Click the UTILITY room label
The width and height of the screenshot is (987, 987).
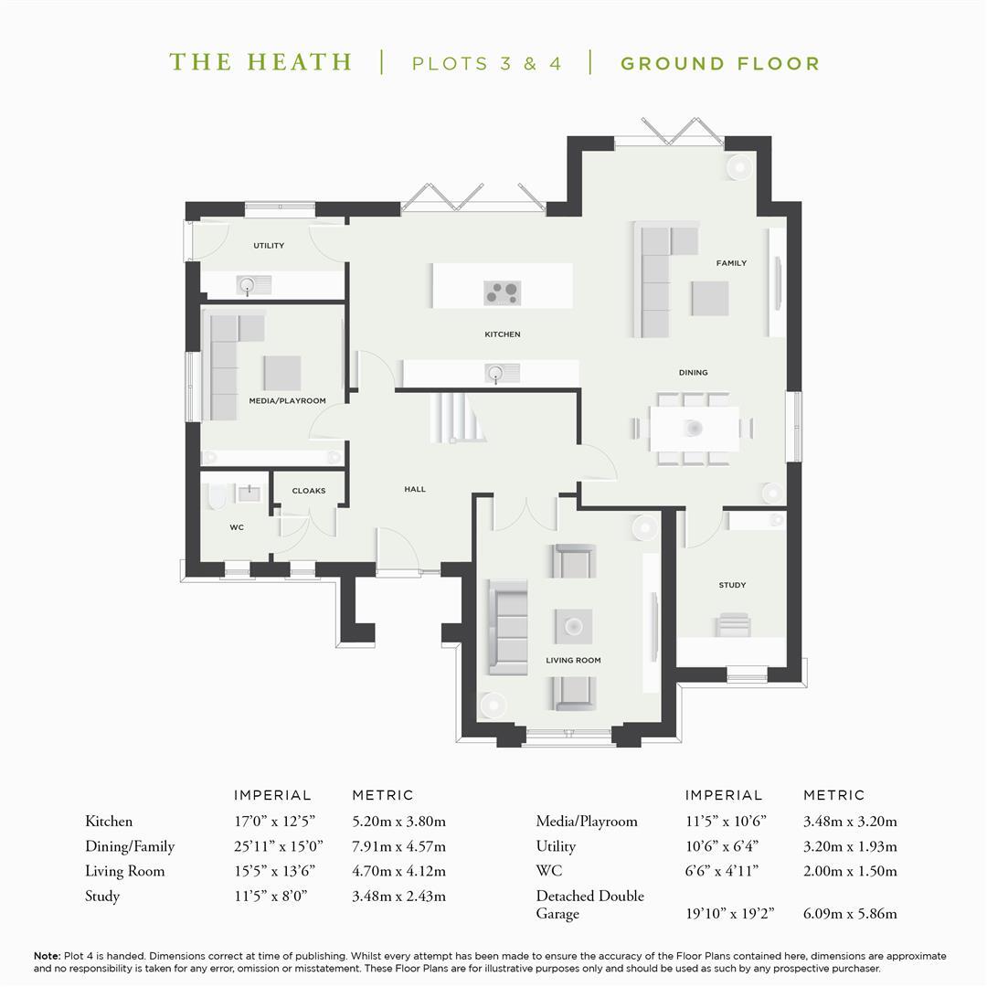pyautogui.click(x=269, y=246)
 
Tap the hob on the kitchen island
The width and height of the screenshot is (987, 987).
pyautogui.click(x=503, y=292)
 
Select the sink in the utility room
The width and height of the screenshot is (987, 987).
pyautogui.click(x=254, y=285)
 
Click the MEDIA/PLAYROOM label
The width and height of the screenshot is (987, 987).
pyautogui.click(x=287, y=400)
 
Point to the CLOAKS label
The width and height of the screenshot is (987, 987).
pyautogui.click(x=309, y=491)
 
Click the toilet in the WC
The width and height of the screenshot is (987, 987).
pyautogui.click(x=217, y=496)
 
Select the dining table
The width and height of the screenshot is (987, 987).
pyautogui.click(x=695, y=429)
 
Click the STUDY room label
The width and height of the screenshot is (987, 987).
pyautogui.click(x=732, y=585)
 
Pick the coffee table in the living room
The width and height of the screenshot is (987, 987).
pyautogui.click(x=573, y=626)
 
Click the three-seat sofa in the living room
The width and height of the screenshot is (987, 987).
pyautogui.click(x=507, y=627)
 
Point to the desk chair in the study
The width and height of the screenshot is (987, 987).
pyautogui.click(x=733, y=624)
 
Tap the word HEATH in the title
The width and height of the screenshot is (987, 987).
pyautogui.click(x=299, y=62)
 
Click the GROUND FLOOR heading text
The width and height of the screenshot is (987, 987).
pyautogui.click(x=720, y=64)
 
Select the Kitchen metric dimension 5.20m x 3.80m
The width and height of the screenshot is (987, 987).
pyautogui.click(x=398, y=822)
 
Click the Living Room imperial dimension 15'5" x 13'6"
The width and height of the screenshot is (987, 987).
pyautogui.click(x=274, y=871)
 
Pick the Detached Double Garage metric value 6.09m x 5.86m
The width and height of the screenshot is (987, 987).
pyautogui.click(x=850, y=913)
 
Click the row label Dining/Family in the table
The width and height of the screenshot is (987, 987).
pyautogui.click(x=130, y=846)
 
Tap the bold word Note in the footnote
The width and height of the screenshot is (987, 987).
pyautogui.click(x=47, y=956)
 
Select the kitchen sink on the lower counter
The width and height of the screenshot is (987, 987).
pyautogui.click(x=502, y=373)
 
